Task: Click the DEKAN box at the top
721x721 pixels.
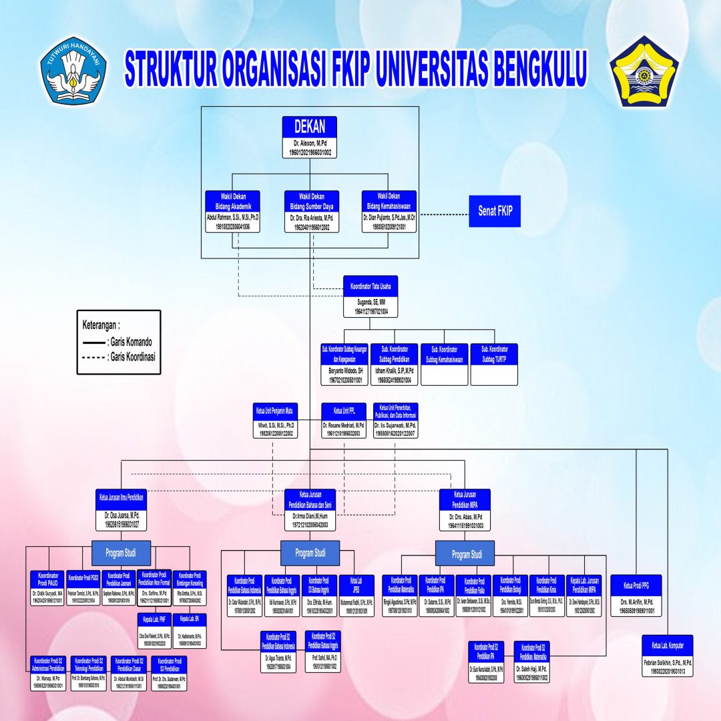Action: pos(309,136)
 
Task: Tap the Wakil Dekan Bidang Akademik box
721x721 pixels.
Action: pos(232,211)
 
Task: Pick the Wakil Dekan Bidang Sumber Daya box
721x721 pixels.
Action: pos(312,211)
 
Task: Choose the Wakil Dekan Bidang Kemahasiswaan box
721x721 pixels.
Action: pos(389,211)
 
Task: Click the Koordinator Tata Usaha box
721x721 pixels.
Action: pos(371,295)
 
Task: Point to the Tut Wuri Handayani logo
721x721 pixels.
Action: pos(73,69)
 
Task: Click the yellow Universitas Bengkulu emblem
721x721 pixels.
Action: pos(644,71)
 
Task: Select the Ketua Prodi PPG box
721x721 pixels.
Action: pos(636,595)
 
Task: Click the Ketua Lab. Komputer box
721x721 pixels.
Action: pos(667,655)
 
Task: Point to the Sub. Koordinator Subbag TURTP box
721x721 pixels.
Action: pos(494,364)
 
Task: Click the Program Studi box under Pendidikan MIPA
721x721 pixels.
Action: pos(466,554)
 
